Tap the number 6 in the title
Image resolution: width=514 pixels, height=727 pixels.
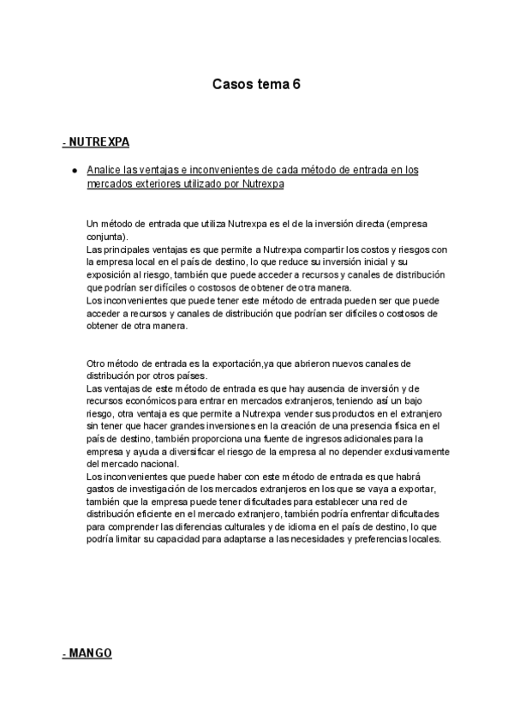tap(296, 85)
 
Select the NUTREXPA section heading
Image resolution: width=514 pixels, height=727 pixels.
tap(98, 141)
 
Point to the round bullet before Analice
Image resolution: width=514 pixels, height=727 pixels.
tap(76, 171)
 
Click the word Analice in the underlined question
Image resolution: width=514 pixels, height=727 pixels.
tap(105, 171)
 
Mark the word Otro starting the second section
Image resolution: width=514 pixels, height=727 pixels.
tap(98, 363)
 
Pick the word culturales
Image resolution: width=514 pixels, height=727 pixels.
tap(238, 526)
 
